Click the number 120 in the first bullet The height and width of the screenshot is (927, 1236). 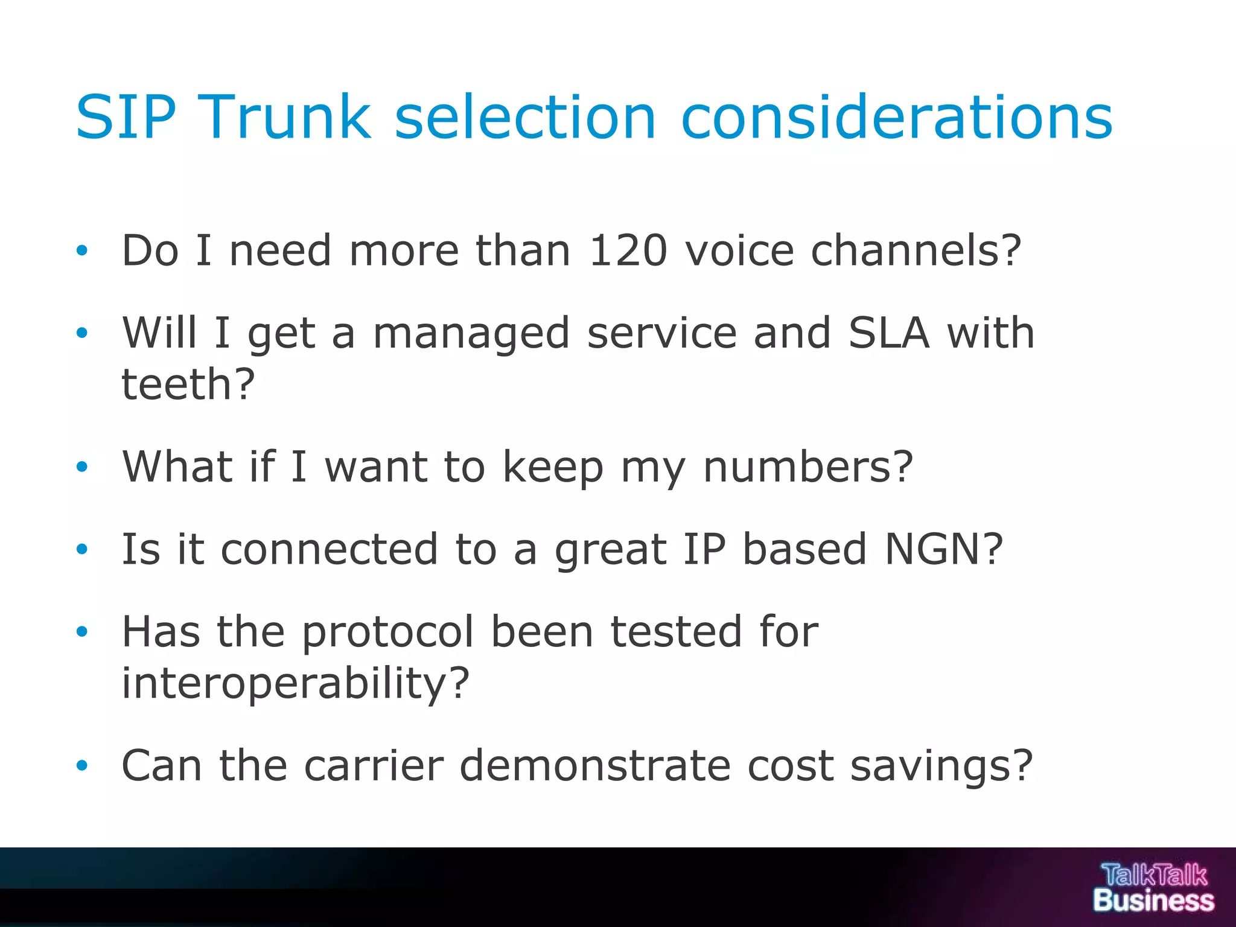click(x=628, y=250)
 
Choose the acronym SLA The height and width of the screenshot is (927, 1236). click(x=888, y=333)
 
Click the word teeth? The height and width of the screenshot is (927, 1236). click(x=188, y=384)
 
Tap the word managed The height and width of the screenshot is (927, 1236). click(x=471, y=334)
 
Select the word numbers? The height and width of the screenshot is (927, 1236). click(x=808, y=467)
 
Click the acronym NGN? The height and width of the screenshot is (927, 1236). click(x=943, y=549)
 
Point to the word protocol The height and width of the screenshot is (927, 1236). click(x=388, y=632)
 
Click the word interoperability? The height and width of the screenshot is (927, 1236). click(x=295, y=684)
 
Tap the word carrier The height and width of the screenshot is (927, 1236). click(x=374, y=765)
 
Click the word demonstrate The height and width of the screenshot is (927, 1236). click(x=595, y=765)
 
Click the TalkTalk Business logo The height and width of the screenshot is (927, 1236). click(x=1153, y=887)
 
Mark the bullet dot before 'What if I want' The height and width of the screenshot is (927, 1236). click(x=82, y=467)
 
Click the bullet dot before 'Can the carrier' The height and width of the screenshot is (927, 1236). click(x=82, y=766)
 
